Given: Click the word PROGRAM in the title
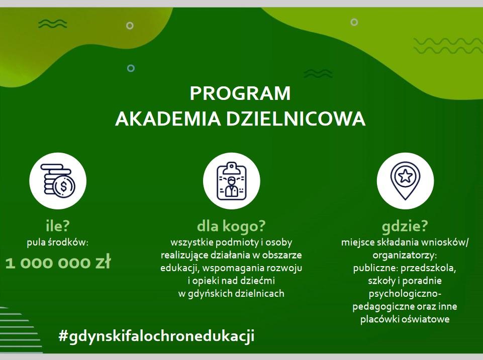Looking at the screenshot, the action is point(240,93).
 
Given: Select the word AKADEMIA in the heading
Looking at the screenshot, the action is point(168,119).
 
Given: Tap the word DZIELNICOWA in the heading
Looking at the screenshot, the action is point(296,119).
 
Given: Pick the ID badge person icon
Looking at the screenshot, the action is point(231,181).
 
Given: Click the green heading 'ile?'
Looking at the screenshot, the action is point(58,226).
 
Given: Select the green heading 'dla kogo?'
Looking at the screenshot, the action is point(231,226).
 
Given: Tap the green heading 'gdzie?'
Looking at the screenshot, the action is point(405,226).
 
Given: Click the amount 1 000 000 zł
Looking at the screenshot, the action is point(58,263).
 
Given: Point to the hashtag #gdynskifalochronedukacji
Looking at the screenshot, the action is point(156,336).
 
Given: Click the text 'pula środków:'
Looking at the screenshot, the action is point(58,243).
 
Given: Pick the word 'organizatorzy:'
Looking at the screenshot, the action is point(405,256).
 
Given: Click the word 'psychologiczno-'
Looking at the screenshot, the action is point(405,294).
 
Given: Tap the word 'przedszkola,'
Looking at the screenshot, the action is point(428,268).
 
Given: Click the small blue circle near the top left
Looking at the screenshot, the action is point(131,68).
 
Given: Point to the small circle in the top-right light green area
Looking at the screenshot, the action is point(354,22).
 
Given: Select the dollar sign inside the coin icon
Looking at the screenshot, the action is point(63,186).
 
